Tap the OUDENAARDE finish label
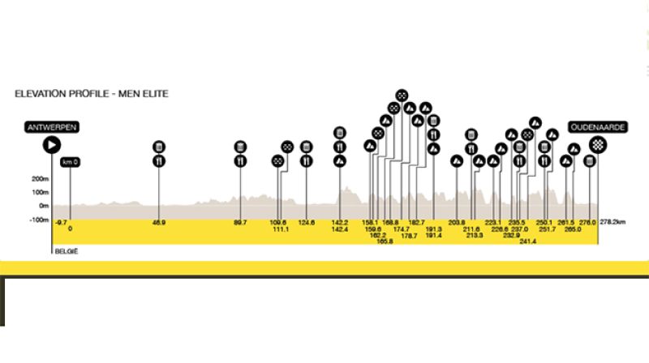click(x=597, y=127)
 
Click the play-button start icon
click(x=52, y=145)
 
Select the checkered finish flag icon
click(x=597, y=145)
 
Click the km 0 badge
click(x=71, y=162)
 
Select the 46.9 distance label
click(x=158, y=223)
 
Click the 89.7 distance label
click(x=240, y=223)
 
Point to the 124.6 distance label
click(x=306, y=223)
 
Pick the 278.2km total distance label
click(x=613, y=223)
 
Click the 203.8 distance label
click(x=456, y=223)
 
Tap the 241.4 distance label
click(x=527, y=241)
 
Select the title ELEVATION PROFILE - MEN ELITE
click(x=91, y=94)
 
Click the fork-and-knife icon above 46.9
click(x=158, y=161)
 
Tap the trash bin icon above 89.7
click(x=240, y=147)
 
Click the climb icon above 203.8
click(x=456, y=160)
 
